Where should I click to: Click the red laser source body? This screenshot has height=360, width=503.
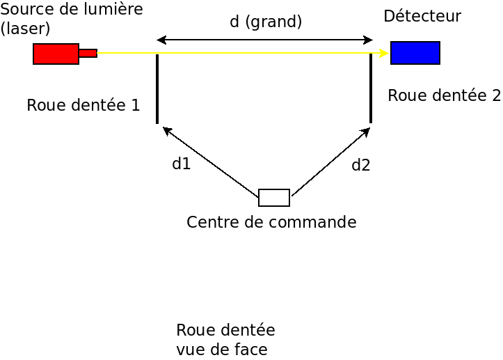56,54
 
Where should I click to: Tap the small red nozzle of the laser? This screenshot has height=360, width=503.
88,53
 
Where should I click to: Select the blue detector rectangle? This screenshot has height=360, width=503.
415,53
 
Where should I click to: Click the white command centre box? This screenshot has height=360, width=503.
274,198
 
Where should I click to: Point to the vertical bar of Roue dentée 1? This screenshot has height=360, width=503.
157,88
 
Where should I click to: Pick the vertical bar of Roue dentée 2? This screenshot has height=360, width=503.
371,88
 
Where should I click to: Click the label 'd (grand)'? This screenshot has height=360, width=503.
266,22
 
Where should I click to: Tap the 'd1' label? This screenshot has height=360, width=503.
181,164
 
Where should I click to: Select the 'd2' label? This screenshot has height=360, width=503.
360,165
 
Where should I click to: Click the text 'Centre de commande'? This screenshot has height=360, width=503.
271,222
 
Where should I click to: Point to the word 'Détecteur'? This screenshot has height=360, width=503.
422,16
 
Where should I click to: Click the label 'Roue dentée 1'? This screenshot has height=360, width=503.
83,105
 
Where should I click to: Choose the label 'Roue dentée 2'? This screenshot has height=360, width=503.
444,95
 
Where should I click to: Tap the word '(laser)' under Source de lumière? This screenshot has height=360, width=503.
26,29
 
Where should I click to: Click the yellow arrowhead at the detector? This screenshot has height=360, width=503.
385,53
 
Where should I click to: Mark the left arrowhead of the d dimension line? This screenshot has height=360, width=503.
161,40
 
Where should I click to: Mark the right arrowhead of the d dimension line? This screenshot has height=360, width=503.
369,40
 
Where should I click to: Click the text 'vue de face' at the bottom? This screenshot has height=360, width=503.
221,348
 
